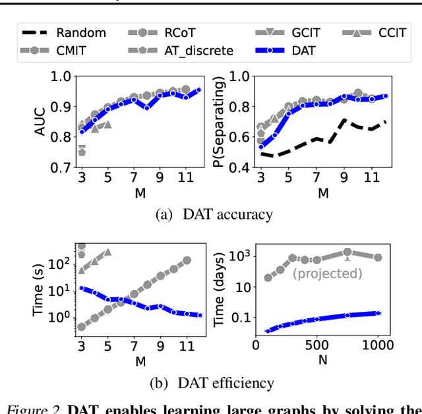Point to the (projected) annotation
click(x=328, y=273)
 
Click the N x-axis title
click(x=322, y=360)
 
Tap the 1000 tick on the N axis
click(x=378, y=344)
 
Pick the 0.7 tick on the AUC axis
click(x=60, y=167)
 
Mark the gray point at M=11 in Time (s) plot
click(x=187, y=260)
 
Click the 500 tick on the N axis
click(x=317, y=344)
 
